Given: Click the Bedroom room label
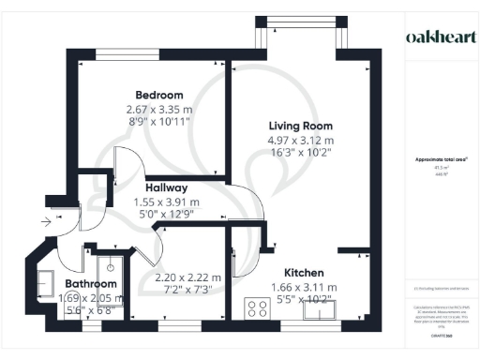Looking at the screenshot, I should click(x=158, y=95).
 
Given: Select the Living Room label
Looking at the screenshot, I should click(x=300, y=126).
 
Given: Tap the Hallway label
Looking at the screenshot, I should click(x=166, y=187).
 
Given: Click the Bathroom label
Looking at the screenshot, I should click(x=91, y=283).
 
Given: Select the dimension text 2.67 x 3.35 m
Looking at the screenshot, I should click(x=158, y=110).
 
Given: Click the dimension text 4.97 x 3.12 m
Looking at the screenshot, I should click(x=300, y=141).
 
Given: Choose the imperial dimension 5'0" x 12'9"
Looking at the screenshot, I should click(x=166, y=215).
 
